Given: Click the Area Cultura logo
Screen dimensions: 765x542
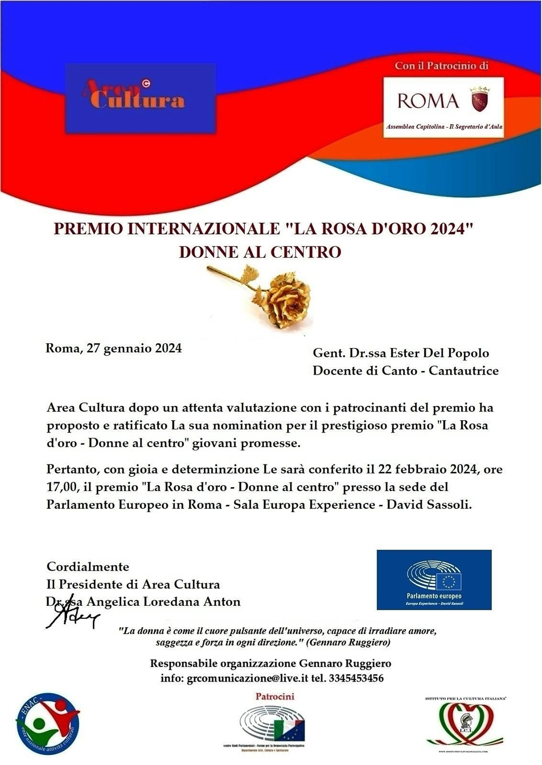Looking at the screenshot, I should click(x=140, y=97).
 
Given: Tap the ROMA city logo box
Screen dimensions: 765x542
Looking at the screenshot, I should click(x=443, y=107).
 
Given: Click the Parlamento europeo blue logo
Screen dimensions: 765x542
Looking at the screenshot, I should click(x=434, y=580).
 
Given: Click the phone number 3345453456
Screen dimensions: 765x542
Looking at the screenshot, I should click(x=356, y=678).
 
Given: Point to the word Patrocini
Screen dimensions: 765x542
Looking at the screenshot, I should click(x=275, y=697).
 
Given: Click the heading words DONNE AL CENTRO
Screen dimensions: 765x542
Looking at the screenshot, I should click(x=260, y=252).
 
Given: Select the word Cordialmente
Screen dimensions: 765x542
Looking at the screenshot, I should click(x=88, y=567).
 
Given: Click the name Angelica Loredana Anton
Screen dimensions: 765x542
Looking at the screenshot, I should click(x=163, y=601).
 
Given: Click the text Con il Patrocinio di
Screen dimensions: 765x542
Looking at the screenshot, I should click(x=441, y=66).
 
